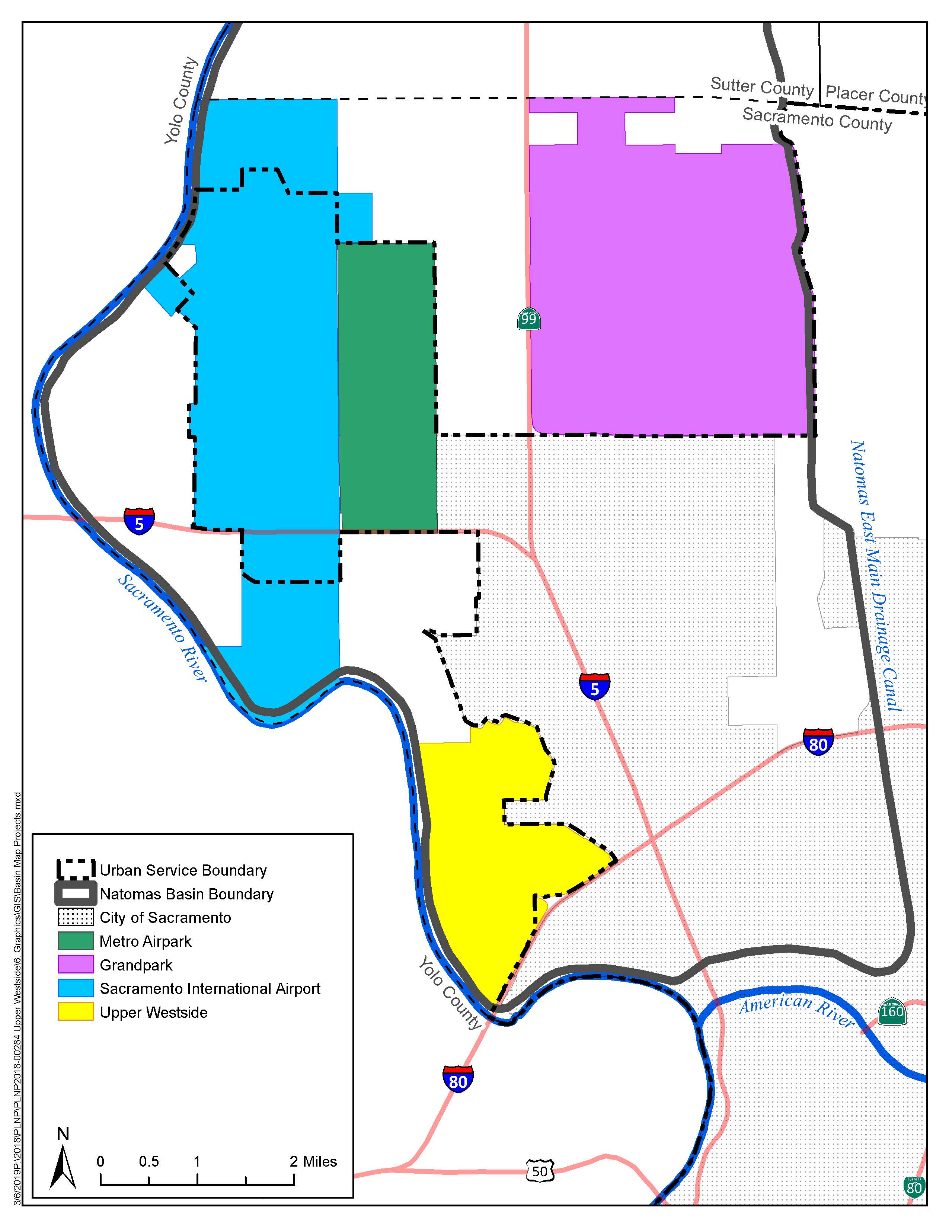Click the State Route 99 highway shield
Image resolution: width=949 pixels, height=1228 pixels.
tap(528, 319)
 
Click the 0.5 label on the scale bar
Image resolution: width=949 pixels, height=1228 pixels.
tap(148, 1161)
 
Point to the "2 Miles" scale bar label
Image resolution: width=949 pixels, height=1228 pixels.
tap(313, 1161)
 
